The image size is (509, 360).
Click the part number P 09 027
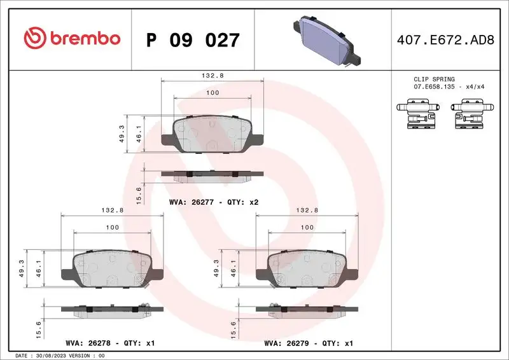click(193, 40)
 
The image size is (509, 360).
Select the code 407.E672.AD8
click(446, 40)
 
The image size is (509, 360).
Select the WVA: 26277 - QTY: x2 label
click(213, 202)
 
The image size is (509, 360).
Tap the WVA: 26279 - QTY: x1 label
click(308, 343)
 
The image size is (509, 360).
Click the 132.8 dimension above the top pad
click(213, 75)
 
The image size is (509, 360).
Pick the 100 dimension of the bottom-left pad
click(112, 227)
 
